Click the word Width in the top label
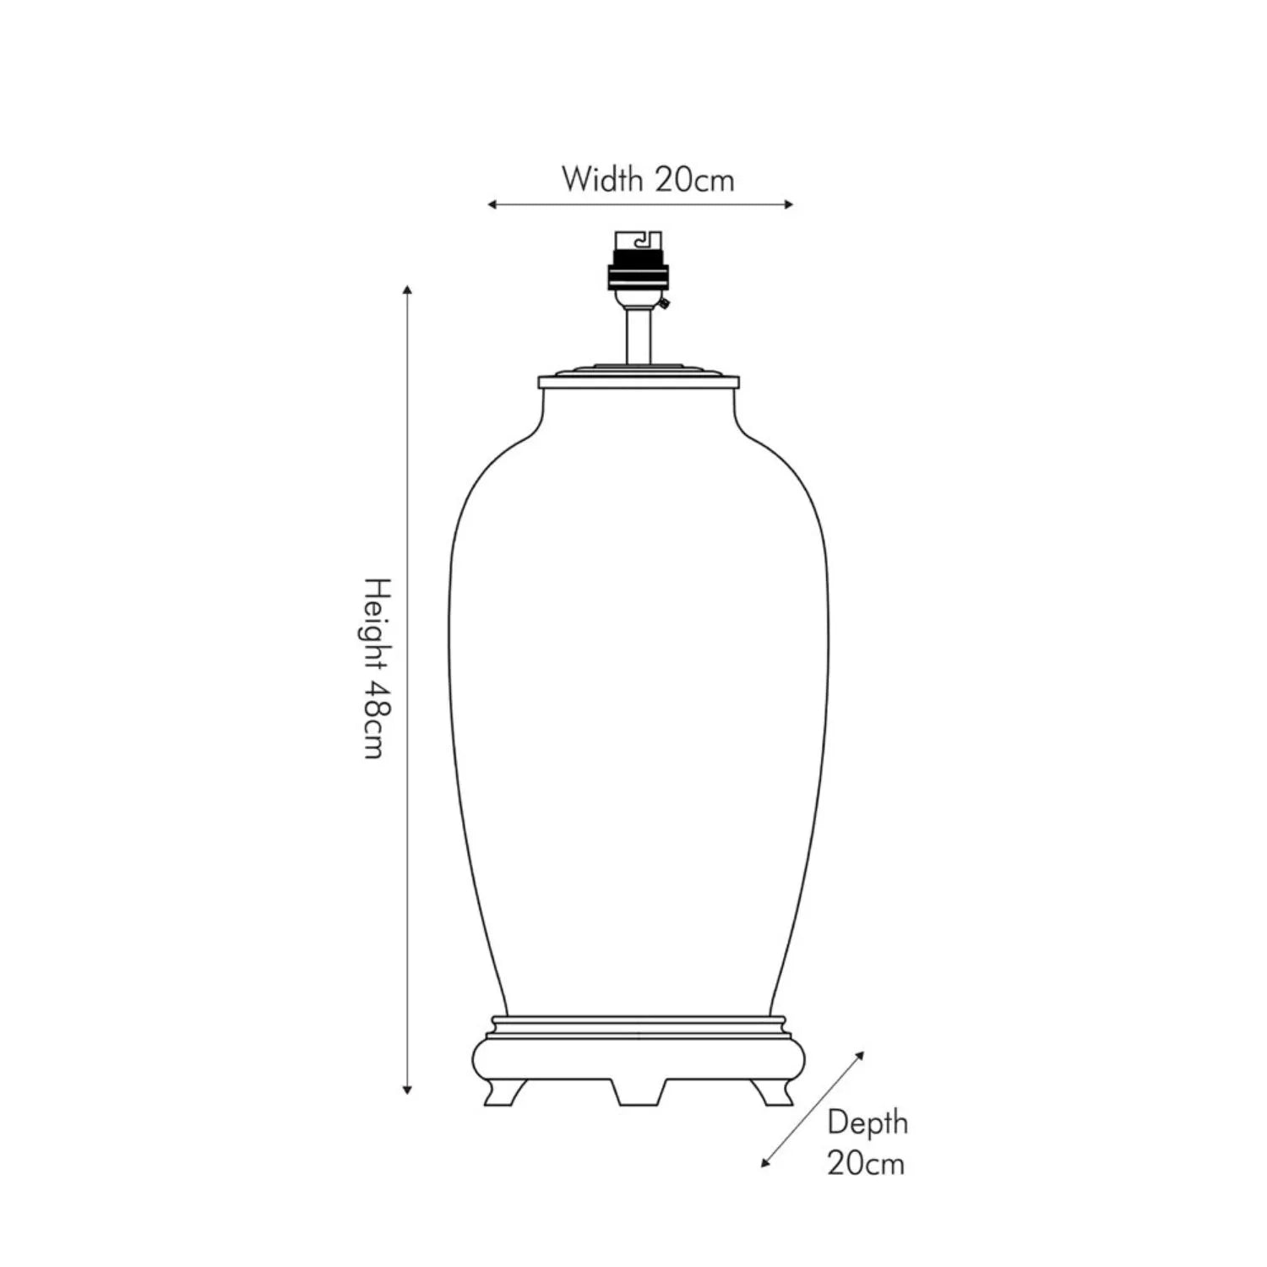point(602,179)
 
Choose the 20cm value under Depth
point(866,1163)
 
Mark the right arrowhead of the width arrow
point(789,204)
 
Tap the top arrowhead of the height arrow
point(407,291)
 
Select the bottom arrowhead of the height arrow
point(407,1090)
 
